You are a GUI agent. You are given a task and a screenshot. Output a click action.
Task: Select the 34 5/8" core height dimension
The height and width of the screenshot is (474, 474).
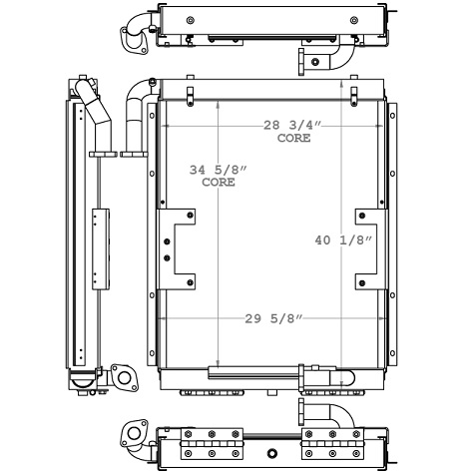pyautogui.click(x=218, y=170)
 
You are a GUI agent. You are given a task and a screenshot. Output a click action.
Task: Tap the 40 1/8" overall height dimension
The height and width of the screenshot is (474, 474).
pyautogui.click(x=344, y=240)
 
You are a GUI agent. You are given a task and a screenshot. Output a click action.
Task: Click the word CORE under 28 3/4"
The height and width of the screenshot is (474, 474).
pyautogui.click(x=293, y=138)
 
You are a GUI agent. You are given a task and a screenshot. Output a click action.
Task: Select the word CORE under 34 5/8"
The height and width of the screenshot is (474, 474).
pyautogui.click(x=218, y=183)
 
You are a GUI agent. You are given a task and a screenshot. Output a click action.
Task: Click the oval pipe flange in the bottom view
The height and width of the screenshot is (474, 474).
pyautogui.click(x=131, y=436)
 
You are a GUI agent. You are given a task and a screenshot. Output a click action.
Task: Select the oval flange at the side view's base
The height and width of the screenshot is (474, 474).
pyautogui.click(x=123, y=378)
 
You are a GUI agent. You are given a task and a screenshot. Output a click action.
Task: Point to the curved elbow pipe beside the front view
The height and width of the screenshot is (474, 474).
pyautogui.click(x=135, y=115)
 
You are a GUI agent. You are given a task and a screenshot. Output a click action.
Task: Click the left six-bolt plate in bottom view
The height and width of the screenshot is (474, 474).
pyautogui.click(x=212, y=441)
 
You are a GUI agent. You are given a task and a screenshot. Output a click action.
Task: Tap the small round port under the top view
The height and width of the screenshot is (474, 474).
pyautogui.click(x=315, y=62)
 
